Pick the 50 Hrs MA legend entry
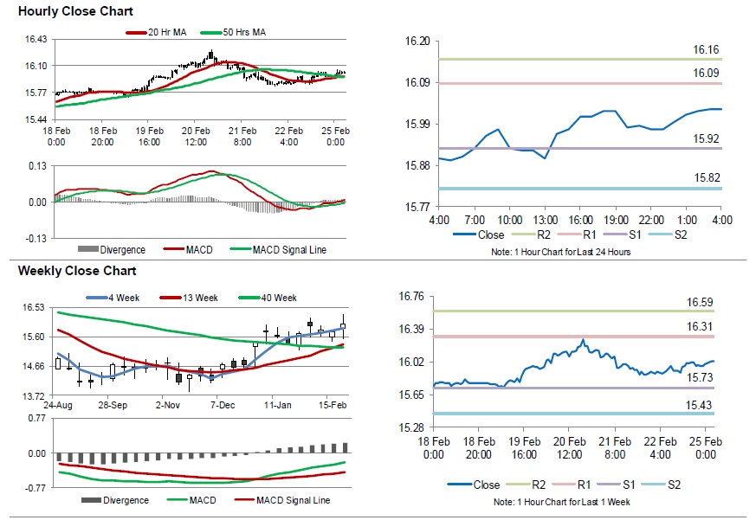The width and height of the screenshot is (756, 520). [243, 32]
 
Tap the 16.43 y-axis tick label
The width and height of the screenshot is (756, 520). [36, 40]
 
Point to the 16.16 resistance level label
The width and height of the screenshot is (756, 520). [707, 50]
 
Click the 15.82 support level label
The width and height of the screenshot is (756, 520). [707, 178]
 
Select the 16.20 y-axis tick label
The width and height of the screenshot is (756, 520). [419, 42]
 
